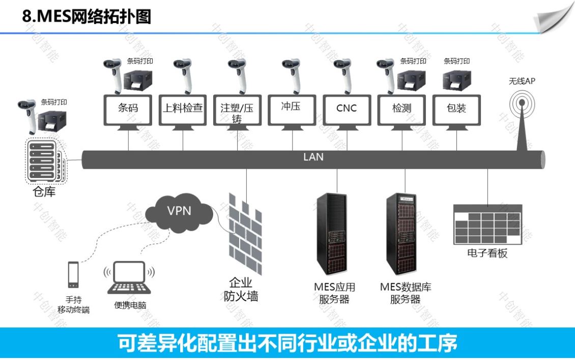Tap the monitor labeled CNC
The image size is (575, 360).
(x=347, y=109)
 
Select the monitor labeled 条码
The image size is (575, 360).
(x=128, y=109)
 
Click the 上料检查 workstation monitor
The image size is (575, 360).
(x=183, y=109)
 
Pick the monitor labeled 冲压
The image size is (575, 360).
(x=292, y=109)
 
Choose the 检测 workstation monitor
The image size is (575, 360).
(x=401, y=109)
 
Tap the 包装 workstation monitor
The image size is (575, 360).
(x=456, y=109)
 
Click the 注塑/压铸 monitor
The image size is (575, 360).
(x=238, y=109)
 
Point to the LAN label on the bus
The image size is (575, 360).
(x=313, y=157)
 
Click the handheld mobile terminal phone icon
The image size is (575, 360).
(x=73, y=275)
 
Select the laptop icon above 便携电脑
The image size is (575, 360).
(x=129, y=278)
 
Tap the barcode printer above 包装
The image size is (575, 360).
(x=456, y=79)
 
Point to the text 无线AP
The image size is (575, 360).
(x=522, y=81)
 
